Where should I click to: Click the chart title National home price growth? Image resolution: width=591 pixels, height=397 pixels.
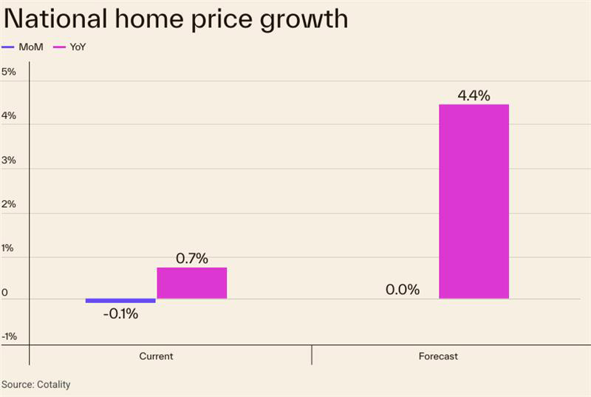pyautogui.click(x=175, y=18)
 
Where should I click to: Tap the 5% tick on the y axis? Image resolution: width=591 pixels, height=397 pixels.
pyautogui.click(x=9, y=72)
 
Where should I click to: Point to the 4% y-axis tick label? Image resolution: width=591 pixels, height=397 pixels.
pyautogui.click(x=9, y=116)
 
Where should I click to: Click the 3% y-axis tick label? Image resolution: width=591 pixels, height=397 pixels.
pyautogui.click(x=9, y=160)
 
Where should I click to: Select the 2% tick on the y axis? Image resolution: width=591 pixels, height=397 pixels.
pyautogui.click(x=9, y=204)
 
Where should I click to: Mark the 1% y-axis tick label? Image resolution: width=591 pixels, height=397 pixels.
pyautogui.click(x=9, y=248)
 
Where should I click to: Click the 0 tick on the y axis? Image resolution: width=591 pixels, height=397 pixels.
pyautogui.click(x=5, y=293)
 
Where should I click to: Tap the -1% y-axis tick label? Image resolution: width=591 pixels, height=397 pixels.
pyautogui.click(x=9, y=336)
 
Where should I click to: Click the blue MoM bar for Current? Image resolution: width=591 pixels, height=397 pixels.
pyautogui.click(x=120, y=300)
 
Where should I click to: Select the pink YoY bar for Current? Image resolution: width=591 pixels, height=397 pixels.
pyautogui.click(x=191, y=283)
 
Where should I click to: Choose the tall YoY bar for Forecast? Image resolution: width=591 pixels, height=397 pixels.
pyautogui.click(x=474, y=201)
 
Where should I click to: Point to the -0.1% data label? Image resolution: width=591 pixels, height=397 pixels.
pyautogui.click(x=120, y=313)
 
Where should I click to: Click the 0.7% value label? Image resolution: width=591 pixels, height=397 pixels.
pyautogui.click(x=191, y=259)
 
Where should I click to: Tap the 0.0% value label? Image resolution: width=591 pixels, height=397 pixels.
pyautogui.click(x=403, y=290)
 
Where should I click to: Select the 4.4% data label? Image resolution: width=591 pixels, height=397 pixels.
pyautogui.click(x=474, y=95)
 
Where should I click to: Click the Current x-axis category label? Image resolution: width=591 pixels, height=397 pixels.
pyautogui.click(x=156, y=356)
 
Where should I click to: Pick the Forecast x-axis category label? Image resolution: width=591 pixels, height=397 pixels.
pyautogui.click(x=438, y=356)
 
